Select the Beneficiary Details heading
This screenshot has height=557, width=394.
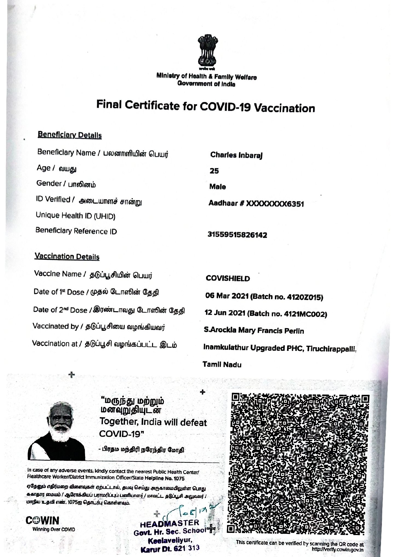[70, 135]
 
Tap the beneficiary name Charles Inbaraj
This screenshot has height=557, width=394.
[236, 155]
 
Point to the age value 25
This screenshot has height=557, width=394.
[214, 171]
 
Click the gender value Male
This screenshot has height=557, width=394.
[217, 187]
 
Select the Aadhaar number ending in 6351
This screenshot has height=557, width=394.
[256, 204]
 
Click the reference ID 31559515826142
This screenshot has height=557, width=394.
[237, 235]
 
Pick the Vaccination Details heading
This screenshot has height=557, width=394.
[67, 257]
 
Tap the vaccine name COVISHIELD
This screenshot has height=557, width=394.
[228, 278]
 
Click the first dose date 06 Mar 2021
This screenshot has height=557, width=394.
[227, 296]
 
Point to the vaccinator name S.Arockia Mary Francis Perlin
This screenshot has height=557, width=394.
[254, 331]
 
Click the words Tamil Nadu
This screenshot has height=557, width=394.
[222, 365]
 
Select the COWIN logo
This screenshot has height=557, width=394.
[43, 520]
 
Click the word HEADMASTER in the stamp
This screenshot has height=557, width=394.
[170, 523]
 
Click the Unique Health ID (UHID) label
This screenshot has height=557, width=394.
[76, 216]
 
